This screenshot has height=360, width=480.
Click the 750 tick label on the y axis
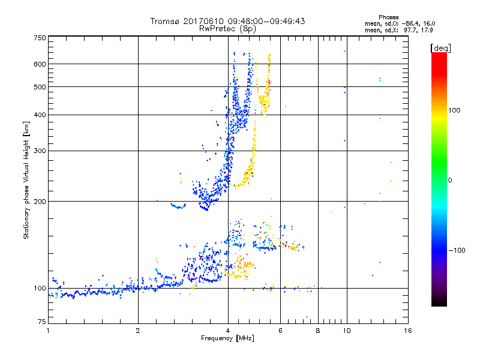[40, 38]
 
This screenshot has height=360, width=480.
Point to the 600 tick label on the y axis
[40, 64]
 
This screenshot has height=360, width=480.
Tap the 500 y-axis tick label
[40, 87]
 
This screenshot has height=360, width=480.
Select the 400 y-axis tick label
[40, 115]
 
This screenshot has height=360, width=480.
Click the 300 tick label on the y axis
[40, 151]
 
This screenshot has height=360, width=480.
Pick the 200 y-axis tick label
[40, 202]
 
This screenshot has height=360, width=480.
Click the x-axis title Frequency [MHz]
[227, 339]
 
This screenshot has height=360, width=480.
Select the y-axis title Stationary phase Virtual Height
[26, 180]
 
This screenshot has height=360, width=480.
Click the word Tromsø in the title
[166, 21]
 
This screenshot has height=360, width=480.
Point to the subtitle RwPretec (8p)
[227, 28]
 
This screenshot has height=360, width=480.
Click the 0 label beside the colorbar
[450, 180]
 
